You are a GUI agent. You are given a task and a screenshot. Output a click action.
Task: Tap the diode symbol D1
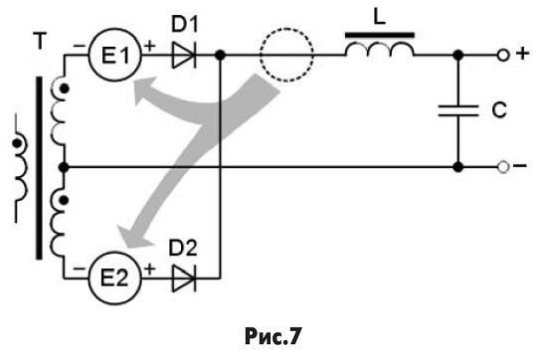(x=184, y=55)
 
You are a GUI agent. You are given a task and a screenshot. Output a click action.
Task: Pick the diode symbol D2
(x=184, y=277)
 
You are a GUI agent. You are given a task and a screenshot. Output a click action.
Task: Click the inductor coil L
(x=380, y=49)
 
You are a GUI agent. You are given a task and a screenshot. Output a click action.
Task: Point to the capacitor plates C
(x=458, y=110)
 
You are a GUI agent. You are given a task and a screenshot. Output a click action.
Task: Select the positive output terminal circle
(x=503, y=55)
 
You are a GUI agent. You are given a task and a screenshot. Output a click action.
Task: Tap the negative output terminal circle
(x=503, y=167)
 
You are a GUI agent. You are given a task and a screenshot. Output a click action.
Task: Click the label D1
(x=185, y=24)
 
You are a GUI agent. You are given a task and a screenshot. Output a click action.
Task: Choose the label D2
(x=183, y=248)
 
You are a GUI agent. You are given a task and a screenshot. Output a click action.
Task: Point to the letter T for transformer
(x=40, y=42)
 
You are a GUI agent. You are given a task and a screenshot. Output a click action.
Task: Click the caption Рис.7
(x=272, y=336)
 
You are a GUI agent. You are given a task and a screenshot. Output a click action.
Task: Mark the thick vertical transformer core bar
(x=40, y=168)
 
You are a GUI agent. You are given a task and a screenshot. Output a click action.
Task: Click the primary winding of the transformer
(x=19, y=167)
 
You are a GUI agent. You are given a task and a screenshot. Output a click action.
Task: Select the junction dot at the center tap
(x=64, y=167)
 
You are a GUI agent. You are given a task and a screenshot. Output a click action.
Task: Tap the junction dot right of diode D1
(x=220, y=55)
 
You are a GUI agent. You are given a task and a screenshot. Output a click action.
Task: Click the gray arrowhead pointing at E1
(x=146, y=90)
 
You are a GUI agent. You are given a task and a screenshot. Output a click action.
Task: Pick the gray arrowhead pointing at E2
(x=133, y=237)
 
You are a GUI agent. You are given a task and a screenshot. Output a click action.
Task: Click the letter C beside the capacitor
(x=499, y=110)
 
